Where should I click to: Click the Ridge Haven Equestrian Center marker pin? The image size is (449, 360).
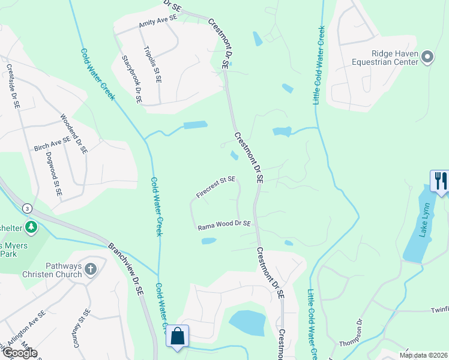[x=427, y=58]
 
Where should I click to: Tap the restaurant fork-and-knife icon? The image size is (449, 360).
[x=440, y=180]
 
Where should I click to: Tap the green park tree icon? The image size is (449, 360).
[x=31, y=227]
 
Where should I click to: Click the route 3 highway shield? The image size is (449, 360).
[x=27, y=208]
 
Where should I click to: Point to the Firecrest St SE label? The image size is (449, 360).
[x=215, y=187]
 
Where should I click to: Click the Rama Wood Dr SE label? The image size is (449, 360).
[x=224, y=225]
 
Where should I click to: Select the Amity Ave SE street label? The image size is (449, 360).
[x=158, y=21]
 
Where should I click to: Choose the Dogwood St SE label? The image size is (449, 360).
[x=53, y=175]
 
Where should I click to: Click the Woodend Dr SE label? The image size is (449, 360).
[x=74, y=134]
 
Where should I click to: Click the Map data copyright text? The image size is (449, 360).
[x=423, y=355]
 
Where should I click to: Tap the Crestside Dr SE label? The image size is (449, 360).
[x=13, y=87]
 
